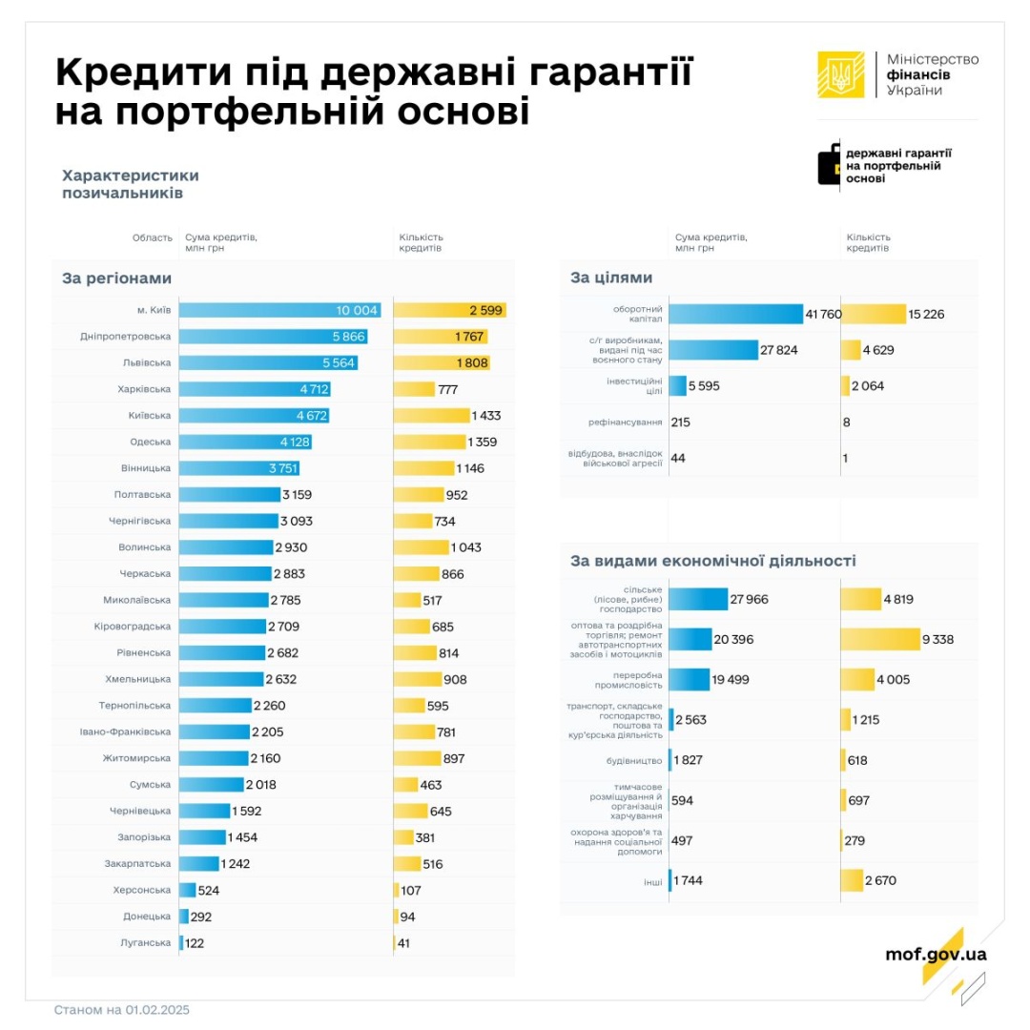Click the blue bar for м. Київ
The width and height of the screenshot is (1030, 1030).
point(279,310)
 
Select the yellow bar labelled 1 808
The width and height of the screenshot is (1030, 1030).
point(442,362)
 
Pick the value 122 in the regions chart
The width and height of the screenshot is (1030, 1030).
point(196,943)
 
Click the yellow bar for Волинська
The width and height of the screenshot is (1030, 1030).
point(421,547)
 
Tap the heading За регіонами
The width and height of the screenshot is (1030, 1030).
point(117,278)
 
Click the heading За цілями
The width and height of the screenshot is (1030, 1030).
point(611,278)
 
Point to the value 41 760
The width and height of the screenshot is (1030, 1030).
point(821,315)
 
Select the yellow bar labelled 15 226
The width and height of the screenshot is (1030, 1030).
point(873,314)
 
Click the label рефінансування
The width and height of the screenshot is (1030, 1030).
point(625,422)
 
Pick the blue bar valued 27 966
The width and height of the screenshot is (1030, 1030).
point(698,599)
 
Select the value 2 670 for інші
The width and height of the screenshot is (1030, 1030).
point(880,880)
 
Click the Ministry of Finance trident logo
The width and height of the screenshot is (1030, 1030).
point(840,74)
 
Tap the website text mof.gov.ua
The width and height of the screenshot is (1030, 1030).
point(936,954)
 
